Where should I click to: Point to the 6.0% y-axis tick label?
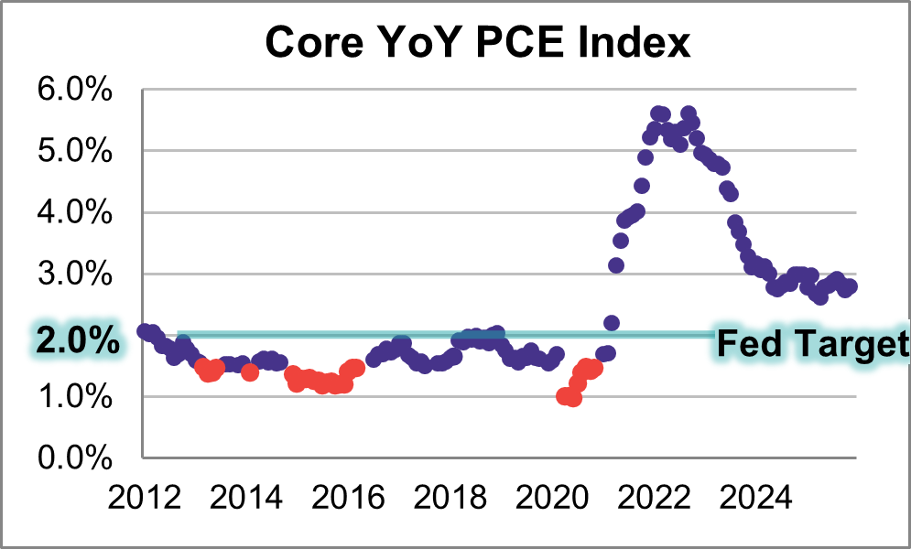[74, 91]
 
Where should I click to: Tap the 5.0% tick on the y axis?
[74, 152]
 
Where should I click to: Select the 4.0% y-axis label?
[74, 213]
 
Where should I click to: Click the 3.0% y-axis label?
[74, 274]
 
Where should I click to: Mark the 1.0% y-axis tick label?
[74, 397]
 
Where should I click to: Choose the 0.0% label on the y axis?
[74, 457]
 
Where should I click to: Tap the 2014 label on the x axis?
[244, 500]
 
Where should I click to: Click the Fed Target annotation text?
[811, 344]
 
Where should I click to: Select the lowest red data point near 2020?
[573, 398]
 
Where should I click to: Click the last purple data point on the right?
[850, 286]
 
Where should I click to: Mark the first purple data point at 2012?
[145, 331]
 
